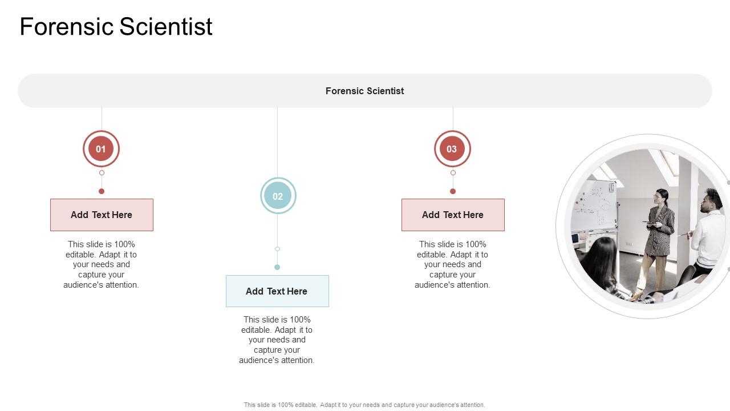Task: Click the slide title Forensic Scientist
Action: point(116,27)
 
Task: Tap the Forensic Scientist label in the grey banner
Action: point(364,91)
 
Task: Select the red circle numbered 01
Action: point(101,149)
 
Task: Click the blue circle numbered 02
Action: point(278,196)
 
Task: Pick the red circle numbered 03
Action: point(452,149)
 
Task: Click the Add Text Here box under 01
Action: point(102,215)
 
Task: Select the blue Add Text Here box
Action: point(277,291)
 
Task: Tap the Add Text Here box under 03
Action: point(453,215)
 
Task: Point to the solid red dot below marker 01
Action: point(102,191)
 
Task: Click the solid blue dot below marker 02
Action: point(277,267)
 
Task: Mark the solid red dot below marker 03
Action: point(453,191)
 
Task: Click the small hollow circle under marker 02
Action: point(277,249)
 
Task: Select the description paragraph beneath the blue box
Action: point(277,340)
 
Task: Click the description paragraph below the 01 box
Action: point(102,264)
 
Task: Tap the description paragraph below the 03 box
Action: point(453,264)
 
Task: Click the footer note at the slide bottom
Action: point(364,405)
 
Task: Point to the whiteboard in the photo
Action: point(594,205)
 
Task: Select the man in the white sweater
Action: point(708,231)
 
